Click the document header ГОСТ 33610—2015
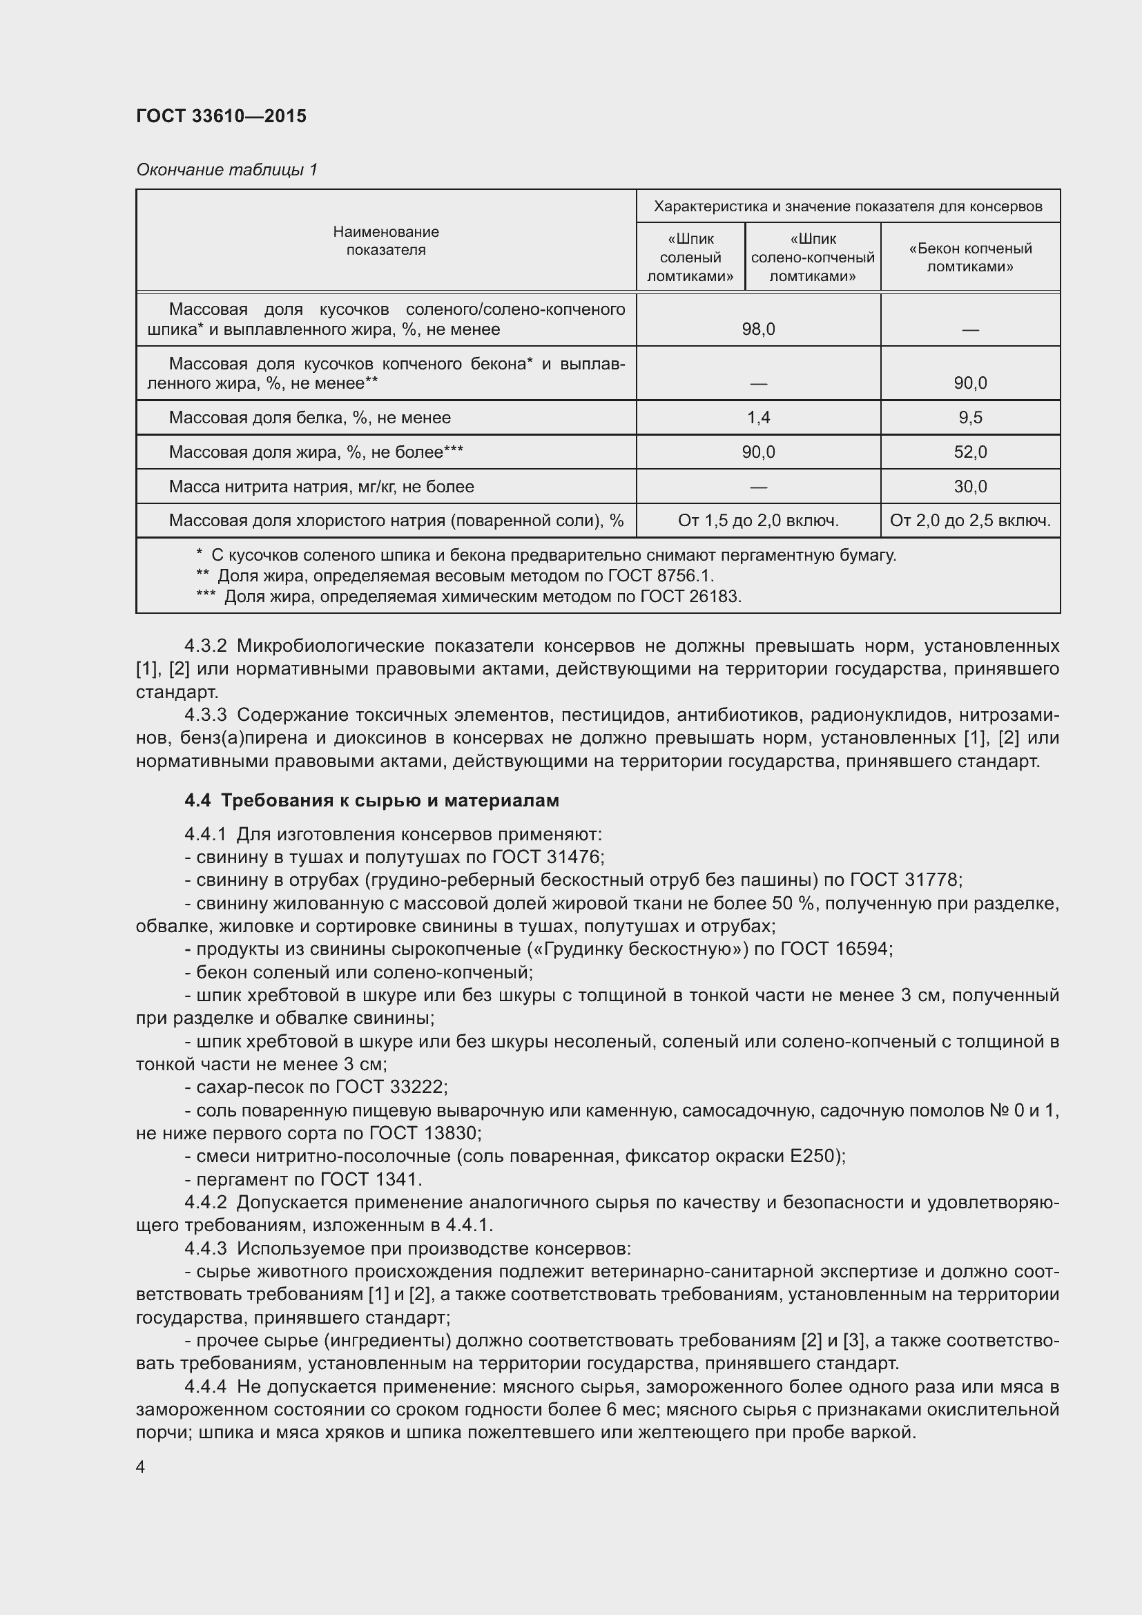(x=221, y=116)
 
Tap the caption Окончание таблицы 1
(x=226, y=170)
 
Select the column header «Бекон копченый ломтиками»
(x=969, y=257)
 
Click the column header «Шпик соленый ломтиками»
(x=690, y=257)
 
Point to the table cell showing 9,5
(x=969, y=418)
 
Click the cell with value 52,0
(x=969, y=452)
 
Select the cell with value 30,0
(x=969, y=487)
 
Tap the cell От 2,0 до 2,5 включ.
(x=969, y=521)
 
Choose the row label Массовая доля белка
(x=309, y=418)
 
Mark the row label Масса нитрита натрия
(x=320, y=487)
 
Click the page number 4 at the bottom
(x=141, y=1467)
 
